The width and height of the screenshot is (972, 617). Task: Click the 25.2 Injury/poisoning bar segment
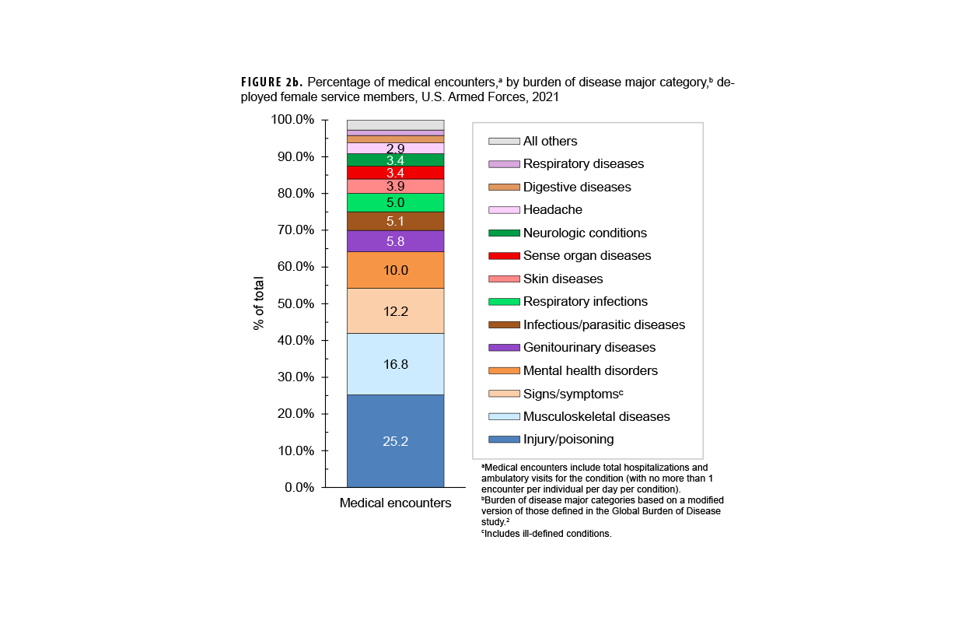tap(395, 441)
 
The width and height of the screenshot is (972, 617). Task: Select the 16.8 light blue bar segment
tap(395, 363)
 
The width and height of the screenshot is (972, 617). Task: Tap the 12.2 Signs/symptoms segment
tap(395, 310)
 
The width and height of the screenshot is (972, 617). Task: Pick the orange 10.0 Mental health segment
tap(395, 270)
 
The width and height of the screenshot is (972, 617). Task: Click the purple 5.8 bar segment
tap(395, 241)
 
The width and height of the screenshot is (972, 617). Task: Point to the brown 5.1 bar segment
tap(395, 221)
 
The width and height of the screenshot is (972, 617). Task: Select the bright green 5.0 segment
tap(395, 202)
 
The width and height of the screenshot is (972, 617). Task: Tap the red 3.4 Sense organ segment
tap(395, 173)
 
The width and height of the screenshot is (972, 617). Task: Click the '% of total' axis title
tap(259, 303)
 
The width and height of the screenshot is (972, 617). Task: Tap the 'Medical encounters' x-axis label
tap(395, 503)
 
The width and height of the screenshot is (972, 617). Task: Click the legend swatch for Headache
tap(504, 210)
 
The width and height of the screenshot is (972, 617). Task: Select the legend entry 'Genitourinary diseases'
tap(589, 348)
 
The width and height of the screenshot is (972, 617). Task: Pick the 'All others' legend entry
tap(550, 142)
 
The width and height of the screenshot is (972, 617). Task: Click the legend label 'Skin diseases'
tap(562, 279)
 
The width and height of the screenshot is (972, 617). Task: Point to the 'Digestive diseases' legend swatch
tap(504, 188)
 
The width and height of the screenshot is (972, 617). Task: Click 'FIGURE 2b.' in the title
tap(271, 82)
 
